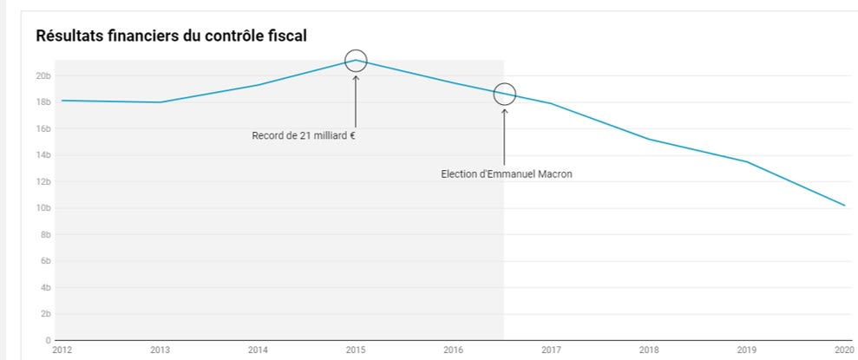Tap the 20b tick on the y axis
(x=42, y=75)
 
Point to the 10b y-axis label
(x=42, y=208)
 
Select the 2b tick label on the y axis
(x=43, y=314)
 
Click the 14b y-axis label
(x=42, y=155)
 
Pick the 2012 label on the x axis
(x=62, y=350)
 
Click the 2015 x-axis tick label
(x=355, y=350)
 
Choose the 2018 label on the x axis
(x=648, y=350)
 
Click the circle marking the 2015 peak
(x=356, y=61)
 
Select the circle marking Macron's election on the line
(x=504, y=94)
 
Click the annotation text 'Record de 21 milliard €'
(x=304, y=135)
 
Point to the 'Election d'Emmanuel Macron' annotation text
(x=507, y=173)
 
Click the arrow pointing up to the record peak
(x=356, y=100)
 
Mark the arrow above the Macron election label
(x=504, y=134)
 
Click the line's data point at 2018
(x=648, y=139)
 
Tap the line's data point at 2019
(x=746, y=161)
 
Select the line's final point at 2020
(x=844, y=206)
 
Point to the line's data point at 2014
(x=258, y=85)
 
